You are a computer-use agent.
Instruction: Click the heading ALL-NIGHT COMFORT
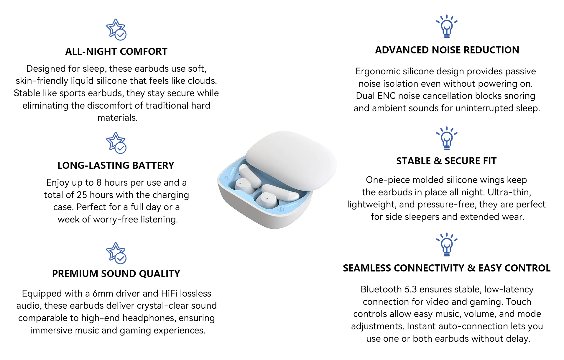click(x=116, y=52)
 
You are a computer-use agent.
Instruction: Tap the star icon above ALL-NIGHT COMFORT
click(x=116, y=30)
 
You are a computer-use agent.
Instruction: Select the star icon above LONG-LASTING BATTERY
click(x=116, y=143)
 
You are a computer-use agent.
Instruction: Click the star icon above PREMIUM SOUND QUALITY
click(x=116, y=253)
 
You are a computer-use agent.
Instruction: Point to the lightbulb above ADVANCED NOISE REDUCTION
click(x=447, y=26)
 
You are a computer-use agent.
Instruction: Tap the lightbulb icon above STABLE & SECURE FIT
click(x=447, y=138)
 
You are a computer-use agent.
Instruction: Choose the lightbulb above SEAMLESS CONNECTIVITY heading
click(x=447, y=244)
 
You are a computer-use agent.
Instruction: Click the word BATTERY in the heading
click(x=153, y=166)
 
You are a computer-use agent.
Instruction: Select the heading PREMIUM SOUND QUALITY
click(x=116, y=274)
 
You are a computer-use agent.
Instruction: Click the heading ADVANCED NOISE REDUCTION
click(x=447, y=50)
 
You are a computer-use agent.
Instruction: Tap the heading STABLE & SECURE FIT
click(x=446, y=161)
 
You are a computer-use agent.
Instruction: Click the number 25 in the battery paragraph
click(x=82, y=195)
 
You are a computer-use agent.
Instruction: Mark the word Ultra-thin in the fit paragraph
click(x=509, y=192)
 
